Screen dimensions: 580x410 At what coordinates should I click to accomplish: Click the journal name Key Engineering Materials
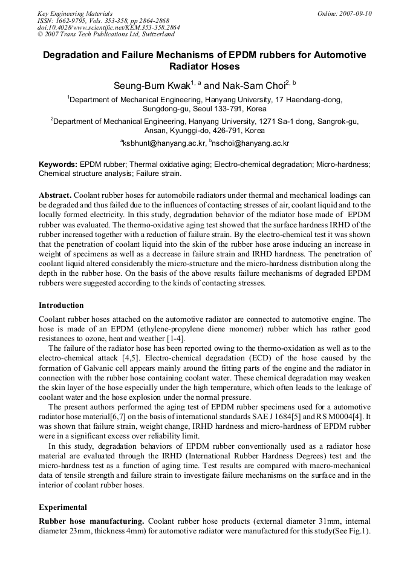74,13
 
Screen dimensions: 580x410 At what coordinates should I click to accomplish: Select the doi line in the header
108,27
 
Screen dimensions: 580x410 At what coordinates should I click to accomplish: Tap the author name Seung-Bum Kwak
152,86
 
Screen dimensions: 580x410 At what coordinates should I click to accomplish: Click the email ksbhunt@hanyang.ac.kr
163,143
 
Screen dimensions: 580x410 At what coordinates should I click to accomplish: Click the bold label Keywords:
57,165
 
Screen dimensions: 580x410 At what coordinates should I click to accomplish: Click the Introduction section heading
61,305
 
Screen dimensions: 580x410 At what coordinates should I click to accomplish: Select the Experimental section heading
63,507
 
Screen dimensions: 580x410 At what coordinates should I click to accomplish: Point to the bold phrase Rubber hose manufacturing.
91,521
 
